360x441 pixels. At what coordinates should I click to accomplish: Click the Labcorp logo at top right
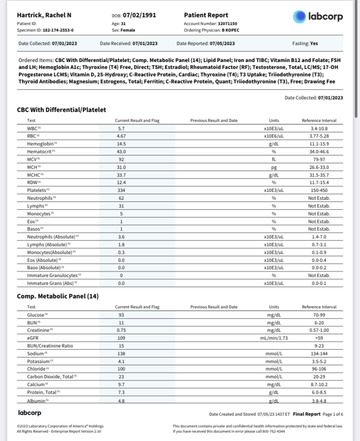[318, 17]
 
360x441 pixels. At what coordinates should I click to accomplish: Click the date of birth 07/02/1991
[139, 15]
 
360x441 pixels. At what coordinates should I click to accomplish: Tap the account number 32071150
[227, 23]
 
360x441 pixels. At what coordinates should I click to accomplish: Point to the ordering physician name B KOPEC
[230, 30]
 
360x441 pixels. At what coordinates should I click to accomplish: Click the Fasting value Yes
[314, 43]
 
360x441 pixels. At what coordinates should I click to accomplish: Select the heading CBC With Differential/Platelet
[61, 110]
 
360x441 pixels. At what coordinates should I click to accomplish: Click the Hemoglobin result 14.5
[121, 143]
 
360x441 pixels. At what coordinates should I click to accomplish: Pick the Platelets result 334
[121, 190]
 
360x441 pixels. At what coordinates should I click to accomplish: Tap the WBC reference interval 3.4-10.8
[319, 129]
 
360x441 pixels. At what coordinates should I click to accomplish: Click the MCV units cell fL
[274, 159]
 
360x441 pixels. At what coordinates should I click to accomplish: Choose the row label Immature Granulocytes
[53, 275]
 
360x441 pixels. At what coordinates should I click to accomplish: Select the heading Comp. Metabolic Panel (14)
[58, 296]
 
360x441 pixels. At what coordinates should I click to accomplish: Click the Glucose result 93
[121, 315]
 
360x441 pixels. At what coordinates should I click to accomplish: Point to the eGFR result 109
[121, 338]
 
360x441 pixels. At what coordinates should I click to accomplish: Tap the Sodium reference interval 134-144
[319, 354]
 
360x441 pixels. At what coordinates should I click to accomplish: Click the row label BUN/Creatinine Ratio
[50, 346]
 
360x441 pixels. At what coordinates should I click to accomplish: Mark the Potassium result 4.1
[121, 361]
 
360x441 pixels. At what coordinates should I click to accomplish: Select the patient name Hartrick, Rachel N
[44, 15]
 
